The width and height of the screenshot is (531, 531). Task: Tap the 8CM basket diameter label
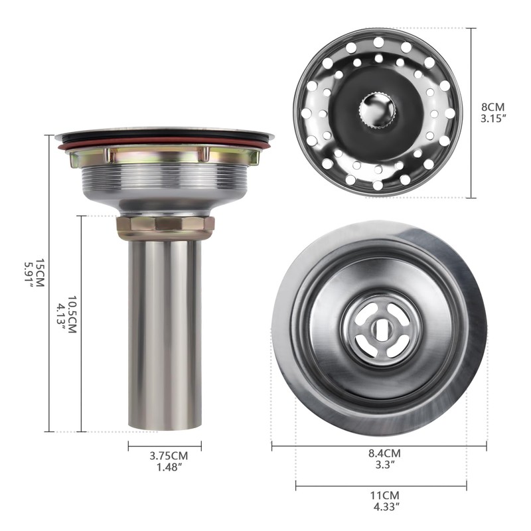494,107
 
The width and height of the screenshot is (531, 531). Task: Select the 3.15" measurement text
494,119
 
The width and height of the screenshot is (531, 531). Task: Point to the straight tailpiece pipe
165,332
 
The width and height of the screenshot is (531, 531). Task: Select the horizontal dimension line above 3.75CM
165,446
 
